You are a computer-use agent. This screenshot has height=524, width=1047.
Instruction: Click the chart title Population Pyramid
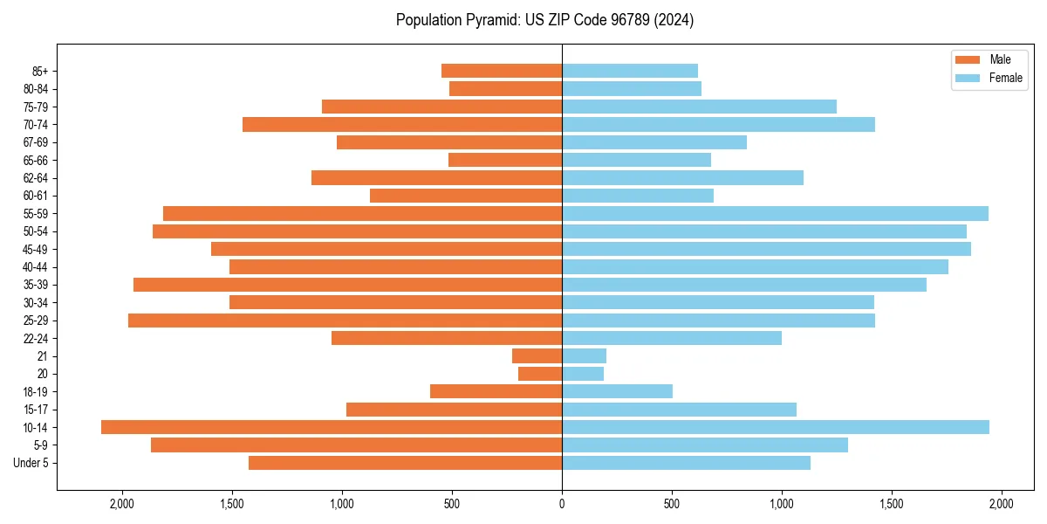544,20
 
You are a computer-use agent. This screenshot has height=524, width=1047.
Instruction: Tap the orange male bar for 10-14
332,427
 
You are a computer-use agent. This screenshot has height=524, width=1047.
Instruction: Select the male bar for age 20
540,374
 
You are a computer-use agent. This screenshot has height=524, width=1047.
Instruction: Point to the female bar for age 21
584,355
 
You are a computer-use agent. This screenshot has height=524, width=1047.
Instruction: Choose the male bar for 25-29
345,321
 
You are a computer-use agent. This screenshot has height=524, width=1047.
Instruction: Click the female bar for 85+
630,71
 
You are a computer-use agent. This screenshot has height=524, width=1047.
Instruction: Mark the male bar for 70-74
402,124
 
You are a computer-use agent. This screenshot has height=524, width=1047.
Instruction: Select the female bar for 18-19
617,391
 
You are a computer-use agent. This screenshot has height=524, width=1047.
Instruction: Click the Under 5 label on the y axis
31,463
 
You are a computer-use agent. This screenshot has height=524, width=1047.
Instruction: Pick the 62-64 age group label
36,177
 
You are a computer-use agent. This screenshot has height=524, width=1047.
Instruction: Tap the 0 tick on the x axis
562,504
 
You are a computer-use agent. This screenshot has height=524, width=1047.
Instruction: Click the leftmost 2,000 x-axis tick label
122,504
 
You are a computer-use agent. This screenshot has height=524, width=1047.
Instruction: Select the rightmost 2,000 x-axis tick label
1001,504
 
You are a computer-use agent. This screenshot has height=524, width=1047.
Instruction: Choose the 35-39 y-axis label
36,285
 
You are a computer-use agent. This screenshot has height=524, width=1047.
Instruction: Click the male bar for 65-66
505,160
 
